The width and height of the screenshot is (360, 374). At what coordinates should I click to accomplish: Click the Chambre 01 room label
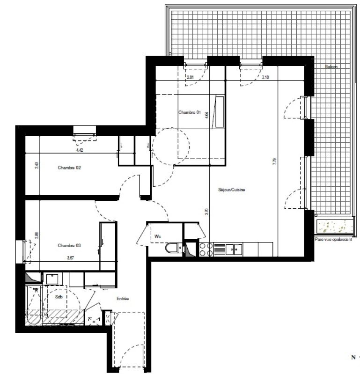click(190, 112)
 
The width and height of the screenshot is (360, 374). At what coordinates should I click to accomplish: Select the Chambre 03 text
click(69, 245)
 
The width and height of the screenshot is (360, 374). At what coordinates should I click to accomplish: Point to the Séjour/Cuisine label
click(232, 190)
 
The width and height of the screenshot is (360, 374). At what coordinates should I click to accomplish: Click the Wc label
click(158, 236)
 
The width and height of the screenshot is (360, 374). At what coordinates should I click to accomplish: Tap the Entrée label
click(122, 299)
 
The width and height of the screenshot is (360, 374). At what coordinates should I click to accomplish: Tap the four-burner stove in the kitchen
click(206, 249)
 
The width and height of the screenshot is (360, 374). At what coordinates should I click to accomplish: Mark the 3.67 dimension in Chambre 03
click(71, 257)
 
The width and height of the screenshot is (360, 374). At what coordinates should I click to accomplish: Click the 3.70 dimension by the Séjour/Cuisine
click(206, 211)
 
